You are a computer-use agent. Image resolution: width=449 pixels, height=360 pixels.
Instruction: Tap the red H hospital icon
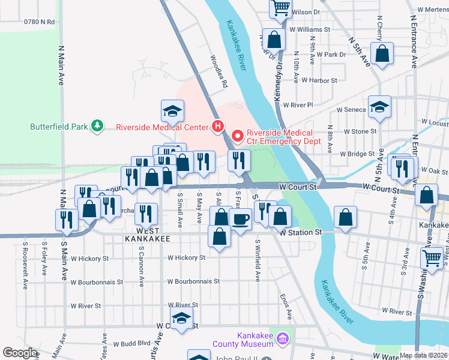[218, 127]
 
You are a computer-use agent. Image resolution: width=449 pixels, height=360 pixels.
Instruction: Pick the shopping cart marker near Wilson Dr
[280, 8]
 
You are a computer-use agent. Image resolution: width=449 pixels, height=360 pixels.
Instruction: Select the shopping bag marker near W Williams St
[274, 40]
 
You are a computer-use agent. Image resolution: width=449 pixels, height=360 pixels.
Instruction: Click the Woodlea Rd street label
[218, 72]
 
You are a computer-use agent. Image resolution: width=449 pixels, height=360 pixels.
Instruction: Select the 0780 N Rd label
[39, 22]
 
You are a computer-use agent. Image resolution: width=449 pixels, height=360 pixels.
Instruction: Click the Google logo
[20, 353]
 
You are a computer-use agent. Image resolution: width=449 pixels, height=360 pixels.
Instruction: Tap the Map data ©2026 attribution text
[423, 355]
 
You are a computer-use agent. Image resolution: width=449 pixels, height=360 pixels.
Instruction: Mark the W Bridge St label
[357, 154]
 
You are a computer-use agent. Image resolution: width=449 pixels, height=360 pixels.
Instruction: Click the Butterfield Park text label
[59, 127]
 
